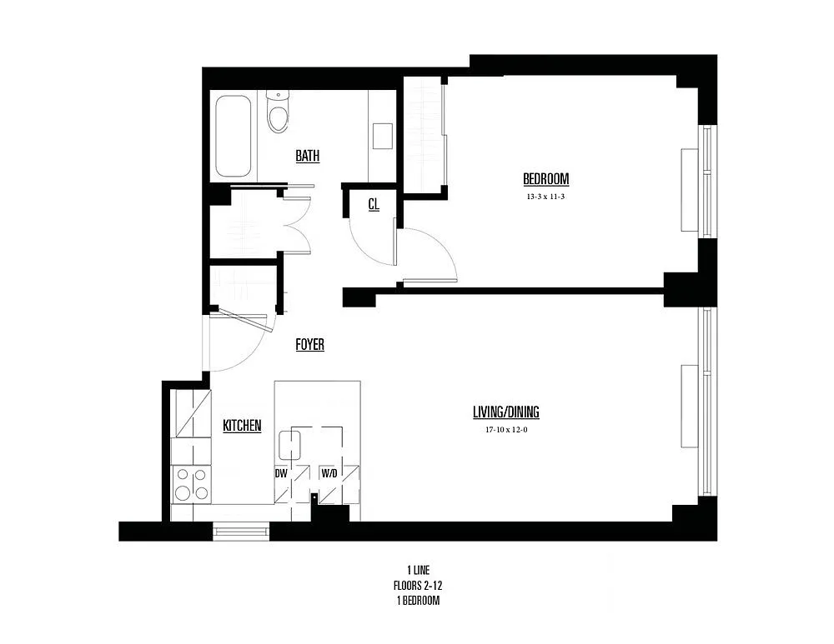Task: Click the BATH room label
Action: click(307, 156)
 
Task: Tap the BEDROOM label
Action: click(545, 178)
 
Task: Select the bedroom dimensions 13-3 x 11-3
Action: click(545, 197)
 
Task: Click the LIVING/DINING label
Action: click(505, 412)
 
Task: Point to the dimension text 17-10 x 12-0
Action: click(505, 431)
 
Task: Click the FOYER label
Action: click(309, 344)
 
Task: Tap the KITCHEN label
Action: click(242, 426)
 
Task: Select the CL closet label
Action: click(374, 203)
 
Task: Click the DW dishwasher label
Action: click(282, 473)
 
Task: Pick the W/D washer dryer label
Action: click(330, 473)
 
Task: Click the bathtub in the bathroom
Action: click(233, 136)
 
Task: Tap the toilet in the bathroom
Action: click(278, 113)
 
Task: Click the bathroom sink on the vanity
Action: click(383, 135)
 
